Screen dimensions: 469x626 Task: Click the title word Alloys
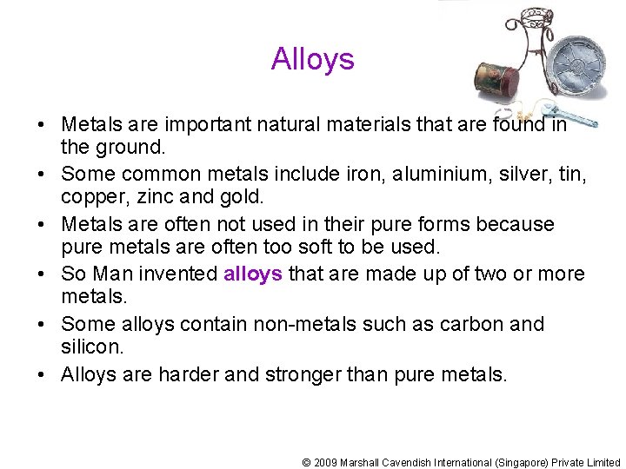[312, 59]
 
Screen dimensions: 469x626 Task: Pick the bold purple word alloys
[252, 274]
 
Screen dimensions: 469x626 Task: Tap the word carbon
[469, 325]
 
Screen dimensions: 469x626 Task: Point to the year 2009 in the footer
[325, 463]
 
